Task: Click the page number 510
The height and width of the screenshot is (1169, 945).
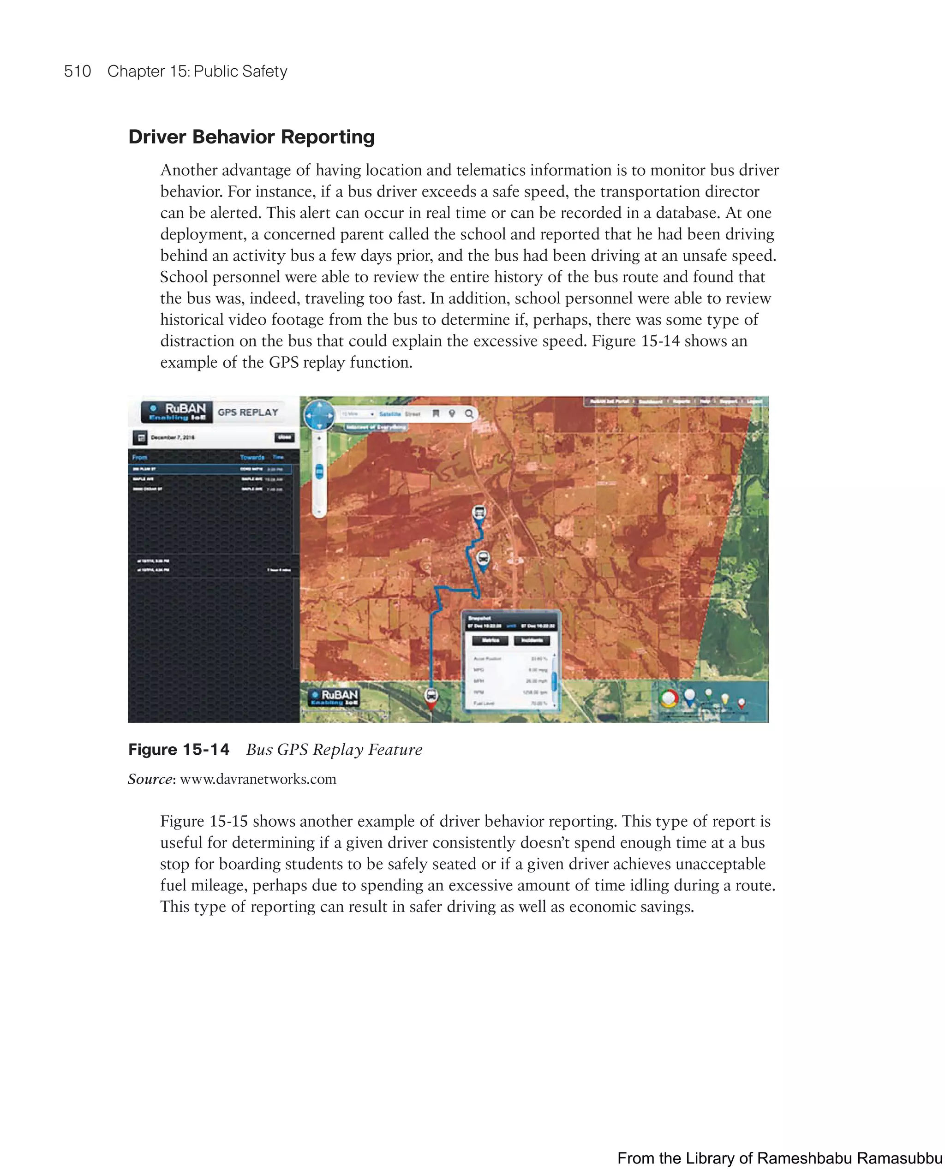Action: click(78, 72)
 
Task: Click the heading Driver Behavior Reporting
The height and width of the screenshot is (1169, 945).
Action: click(251, 137)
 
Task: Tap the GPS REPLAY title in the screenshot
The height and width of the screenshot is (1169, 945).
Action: click(248, 412)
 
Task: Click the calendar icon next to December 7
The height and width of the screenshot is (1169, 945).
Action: click(140, 437)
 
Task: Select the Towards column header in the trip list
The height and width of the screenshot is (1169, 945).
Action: click(252, 457)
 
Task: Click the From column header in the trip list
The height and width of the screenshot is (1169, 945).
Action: click(140, 457)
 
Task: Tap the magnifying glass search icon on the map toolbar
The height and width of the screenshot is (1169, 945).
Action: click(469, 414)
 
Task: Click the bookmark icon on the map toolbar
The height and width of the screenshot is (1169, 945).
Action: click(436, 414)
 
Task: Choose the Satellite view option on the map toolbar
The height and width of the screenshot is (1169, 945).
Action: click(390, 414)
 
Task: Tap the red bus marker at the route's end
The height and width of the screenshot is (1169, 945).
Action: click(431, 697)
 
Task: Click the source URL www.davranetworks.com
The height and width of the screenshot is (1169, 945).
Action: click(257, 779)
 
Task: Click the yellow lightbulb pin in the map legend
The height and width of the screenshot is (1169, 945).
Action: click(724, 699)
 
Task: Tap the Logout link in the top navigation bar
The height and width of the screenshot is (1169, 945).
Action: click(754, 401)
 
